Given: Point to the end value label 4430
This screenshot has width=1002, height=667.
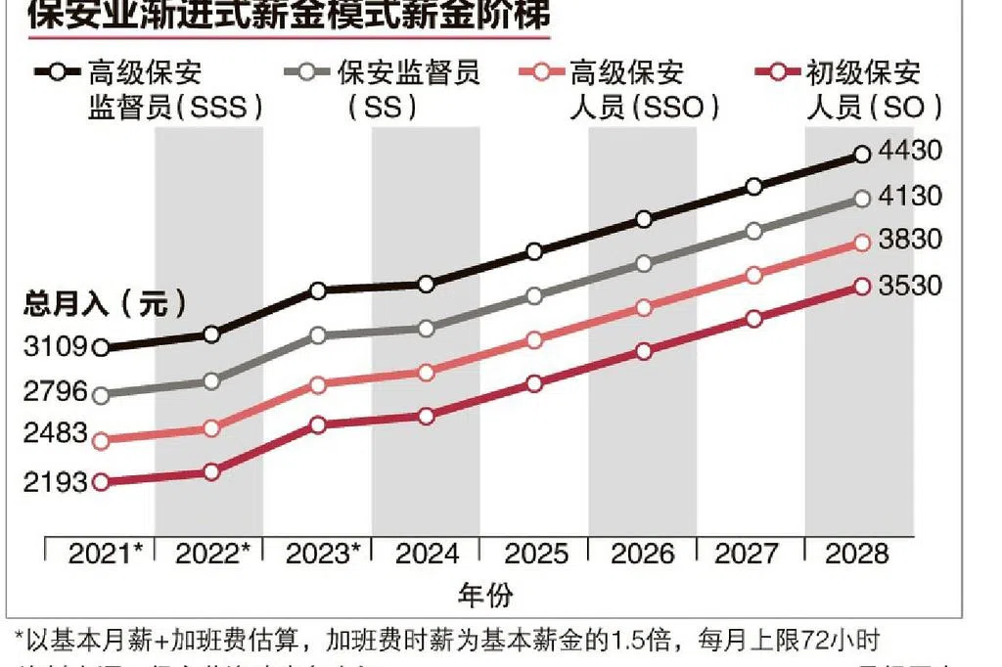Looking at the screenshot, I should (x=909, y=152).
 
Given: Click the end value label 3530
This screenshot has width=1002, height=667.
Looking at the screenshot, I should (x=909, y=286).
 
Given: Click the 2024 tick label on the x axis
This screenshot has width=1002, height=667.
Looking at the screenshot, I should (x=428, y=554).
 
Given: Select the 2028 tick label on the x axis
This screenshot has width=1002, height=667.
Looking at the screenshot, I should (x=857, y=554).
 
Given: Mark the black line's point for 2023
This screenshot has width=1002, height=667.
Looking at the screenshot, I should (x=318, y=290).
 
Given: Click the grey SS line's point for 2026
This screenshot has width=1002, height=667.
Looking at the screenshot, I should (x=644, y=264).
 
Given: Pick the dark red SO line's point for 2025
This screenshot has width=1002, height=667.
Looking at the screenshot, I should (x=534, y=383).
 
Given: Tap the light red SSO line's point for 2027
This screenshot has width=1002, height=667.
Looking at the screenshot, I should (x=753, y=276).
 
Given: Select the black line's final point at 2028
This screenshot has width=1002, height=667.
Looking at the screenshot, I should (x=862, y=154).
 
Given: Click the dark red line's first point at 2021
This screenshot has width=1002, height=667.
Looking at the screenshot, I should (x=100, y=481).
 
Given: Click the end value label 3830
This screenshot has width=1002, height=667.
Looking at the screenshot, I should (x=909, y=241).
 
